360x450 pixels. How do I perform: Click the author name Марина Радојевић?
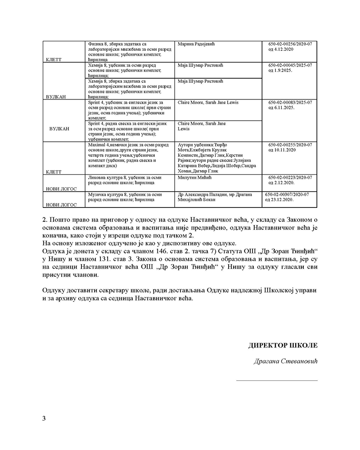[x=198, y=44]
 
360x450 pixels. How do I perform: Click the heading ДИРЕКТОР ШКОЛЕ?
[x=283, y=346]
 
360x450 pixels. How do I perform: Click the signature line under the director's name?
[x=277, y=381]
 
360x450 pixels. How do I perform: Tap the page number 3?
[x=44, y=418]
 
